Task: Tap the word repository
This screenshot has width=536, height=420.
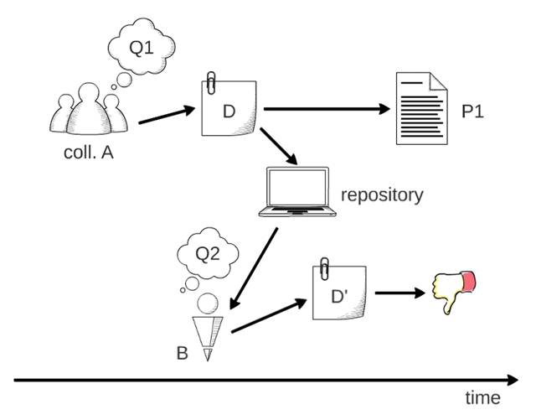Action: [381, 195]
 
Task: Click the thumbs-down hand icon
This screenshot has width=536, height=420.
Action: [453, 291]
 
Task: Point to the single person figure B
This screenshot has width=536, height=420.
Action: [209, 327]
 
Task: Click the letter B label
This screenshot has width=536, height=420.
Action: [182, 353]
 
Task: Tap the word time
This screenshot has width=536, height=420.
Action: [482, 397]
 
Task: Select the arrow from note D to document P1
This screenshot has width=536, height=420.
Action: [327, 108]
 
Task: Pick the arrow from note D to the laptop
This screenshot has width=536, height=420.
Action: [279, 146]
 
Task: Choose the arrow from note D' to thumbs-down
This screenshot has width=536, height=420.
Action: [398, 293]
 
